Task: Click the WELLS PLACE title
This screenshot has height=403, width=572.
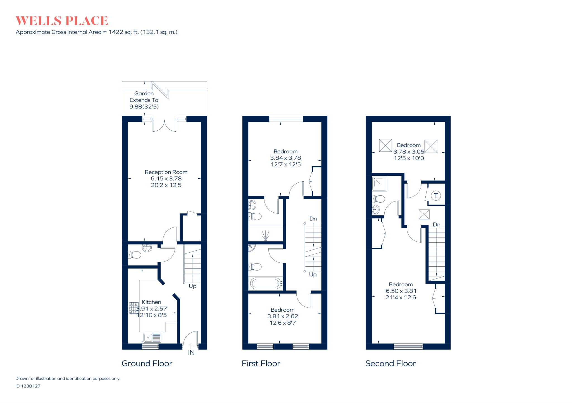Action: click(x=62, y=21)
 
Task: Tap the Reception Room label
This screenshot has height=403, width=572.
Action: click(x=166, y=172)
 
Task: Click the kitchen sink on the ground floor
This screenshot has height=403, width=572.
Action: click(x=152, y=338)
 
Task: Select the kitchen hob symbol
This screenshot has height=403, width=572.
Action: click(x=133, y=308)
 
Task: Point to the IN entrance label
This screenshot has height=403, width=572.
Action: click(x=191, y=353)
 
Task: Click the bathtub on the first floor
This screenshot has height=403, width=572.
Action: click(x=266, y=283)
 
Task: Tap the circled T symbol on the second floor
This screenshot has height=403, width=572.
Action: click(x=436, y=196)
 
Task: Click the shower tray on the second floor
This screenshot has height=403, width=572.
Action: click(x=379, y=184)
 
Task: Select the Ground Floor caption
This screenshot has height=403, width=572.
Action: click(x=147, y=363)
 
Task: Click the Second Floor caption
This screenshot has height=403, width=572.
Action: click(x=390, y=363)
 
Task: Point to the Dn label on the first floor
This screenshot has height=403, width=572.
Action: click(x=313, y=219)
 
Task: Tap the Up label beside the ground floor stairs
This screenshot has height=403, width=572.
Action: click(x=192, y=286)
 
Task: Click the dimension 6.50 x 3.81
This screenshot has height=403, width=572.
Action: click(x=401, y=291)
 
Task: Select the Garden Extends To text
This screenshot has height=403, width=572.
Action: click(x=144, y=97)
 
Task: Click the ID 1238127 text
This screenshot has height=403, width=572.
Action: click(x=28, y=386)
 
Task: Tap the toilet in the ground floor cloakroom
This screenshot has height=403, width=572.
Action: click(x=135, y=255)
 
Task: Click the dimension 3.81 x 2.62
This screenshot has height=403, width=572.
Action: click(x=283, y=316)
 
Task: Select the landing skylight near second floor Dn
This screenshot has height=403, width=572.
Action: click(x=424, y=214)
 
